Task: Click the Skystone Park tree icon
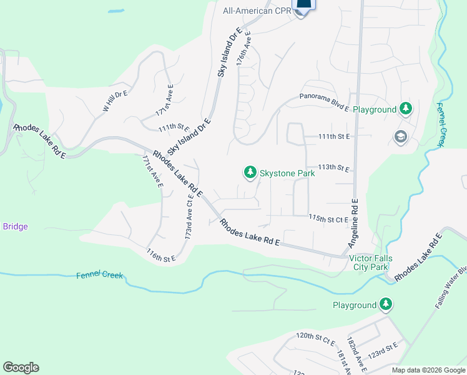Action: point(250,172)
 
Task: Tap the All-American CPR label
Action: point(257,11)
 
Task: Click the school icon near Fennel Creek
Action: point(400,137)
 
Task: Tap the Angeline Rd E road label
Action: point(353,223)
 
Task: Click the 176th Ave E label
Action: point(243,49)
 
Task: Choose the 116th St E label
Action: point(159,255)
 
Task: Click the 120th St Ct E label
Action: point(315,337)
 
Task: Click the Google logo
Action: point(21,367)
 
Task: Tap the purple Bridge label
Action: point(16,226)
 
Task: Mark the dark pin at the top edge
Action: point(303,6)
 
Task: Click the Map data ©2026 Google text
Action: point(428,370)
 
